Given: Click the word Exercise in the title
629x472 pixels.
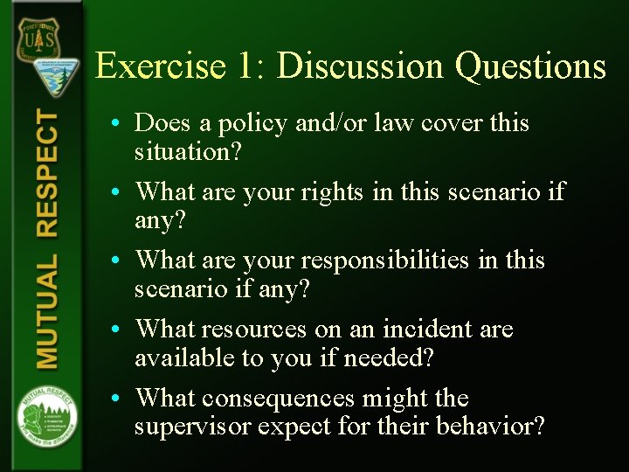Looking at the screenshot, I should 158,66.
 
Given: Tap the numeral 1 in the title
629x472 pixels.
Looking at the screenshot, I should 247,66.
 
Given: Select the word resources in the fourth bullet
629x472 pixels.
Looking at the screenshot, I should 254,330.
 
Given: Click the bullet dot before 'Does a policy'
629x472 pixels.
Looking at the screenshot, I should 115,124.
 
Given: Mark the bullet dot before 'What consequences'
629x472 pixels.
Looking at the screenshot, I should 115,399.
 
